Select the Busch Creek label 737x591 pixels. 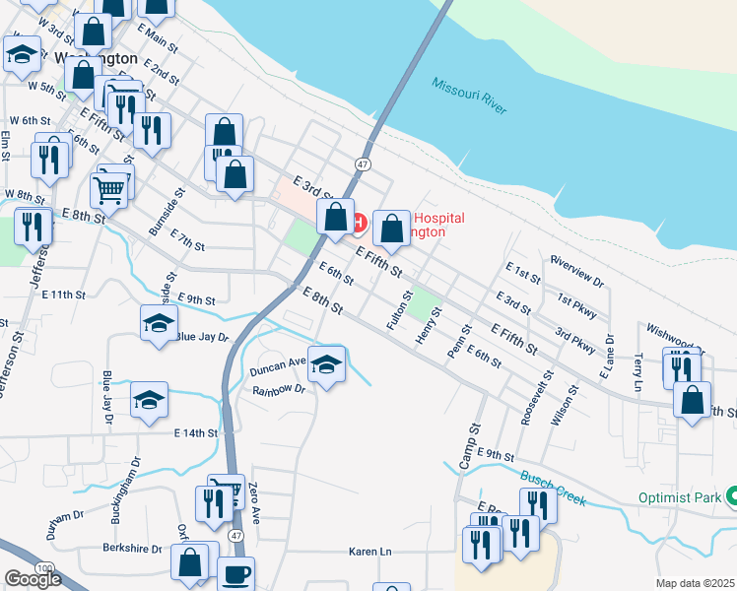click(554, 487)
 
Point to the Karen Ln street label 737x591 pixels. click(369, 553)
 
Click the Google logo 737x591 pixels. click(33, 579)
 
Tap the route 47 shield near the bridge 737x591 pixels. click(364, 164)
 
